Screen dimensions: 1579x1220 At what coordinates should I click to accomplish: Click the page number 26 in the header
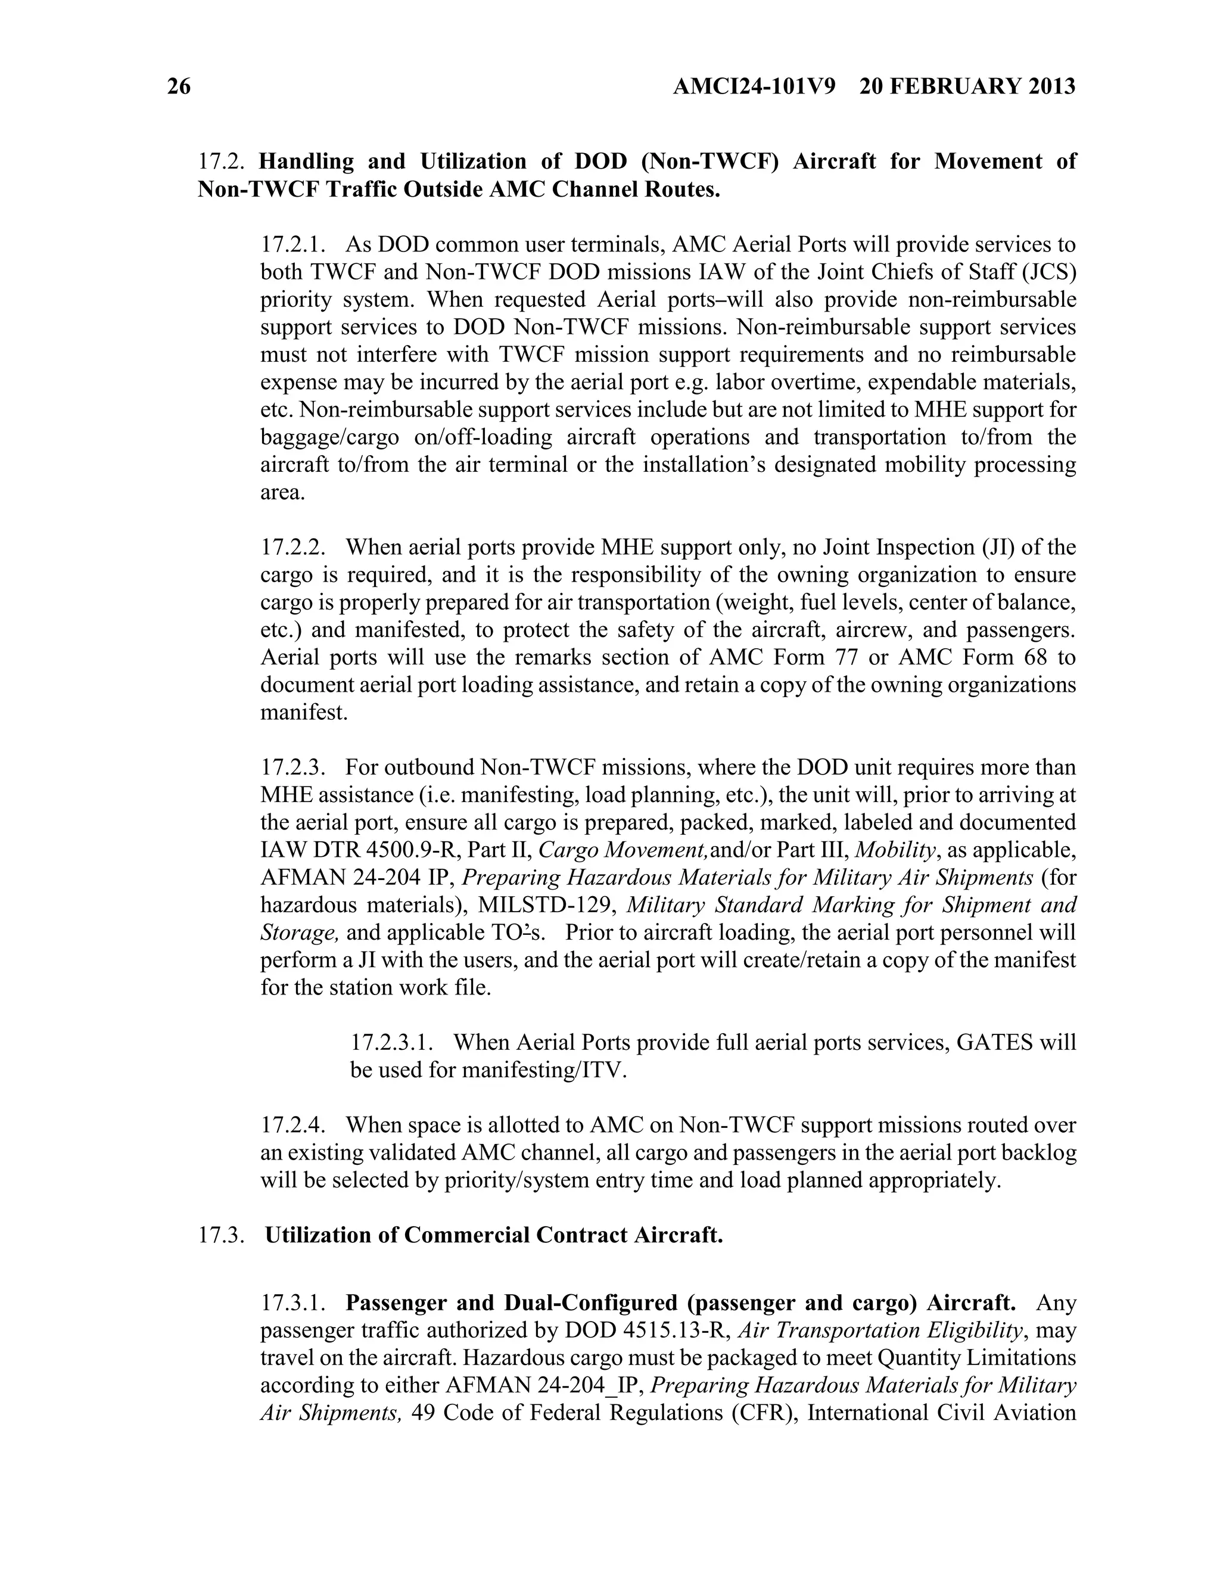pos(179,87)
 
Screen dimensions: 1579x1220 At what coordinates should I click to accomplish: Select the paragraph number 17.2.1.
pos(292,244)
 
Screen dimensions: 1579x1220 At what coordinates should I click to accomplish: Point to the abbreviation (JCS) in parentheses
pos(1048,272)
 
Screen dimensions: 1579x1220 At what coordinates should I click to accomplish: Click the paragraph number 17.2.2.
pos(292,548)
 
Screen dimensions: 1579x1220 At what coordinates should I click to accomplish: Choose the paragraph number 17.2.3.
pos(292,767)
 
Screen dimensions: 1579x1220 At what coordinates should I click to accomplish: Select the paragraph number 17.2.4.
pos(292,1125)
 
